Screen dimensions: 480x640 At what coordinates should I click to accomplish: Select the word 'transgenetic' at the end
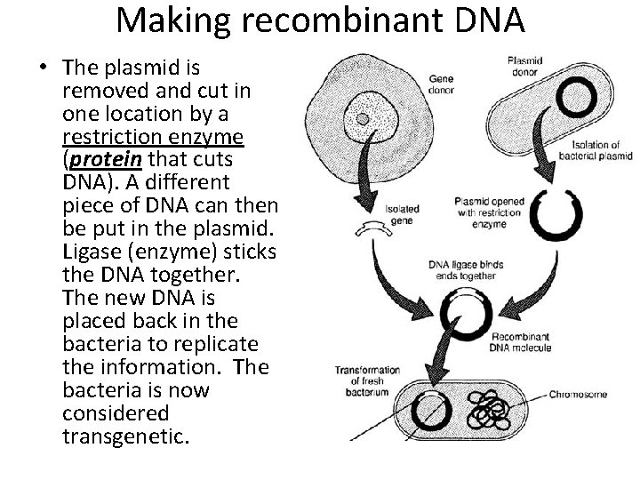tap(125, 436)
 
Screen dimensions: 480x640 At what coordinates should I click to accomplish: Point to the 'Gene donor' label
tap(442, 83)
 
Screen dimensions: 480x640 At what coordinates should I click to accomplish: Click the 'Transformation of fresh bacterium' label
tap(365, 380)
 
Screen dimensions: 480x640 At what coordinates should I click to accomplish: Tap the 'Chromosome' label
tap(577, 394)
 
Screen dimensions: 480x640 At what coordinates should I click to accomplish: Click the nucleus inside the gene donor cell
tap(362, 118)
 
